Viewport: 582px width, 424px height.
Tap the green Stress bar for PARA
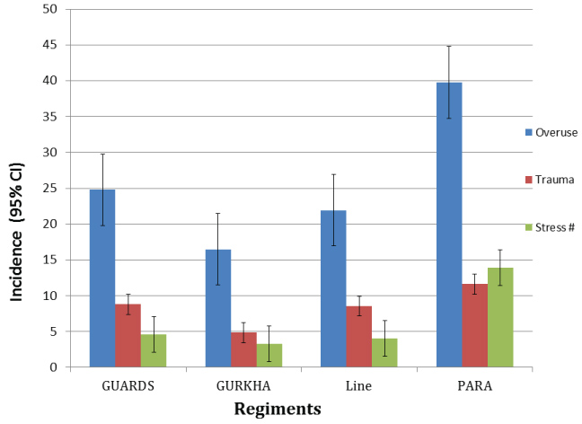[500, 317]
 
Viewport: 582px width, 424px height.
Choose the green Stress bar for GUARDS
[154, 350]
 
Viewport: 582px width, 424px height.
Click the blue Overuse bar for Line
[334, 288]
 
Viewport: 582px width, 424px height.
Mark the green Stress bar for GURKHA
[269, 355]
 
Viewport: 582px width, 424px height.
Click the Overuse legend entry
[551, 132]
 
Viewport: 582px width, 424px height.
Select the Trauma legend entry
[550, 180]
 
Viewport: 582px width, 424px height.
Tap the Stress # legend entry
[550, 227]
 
